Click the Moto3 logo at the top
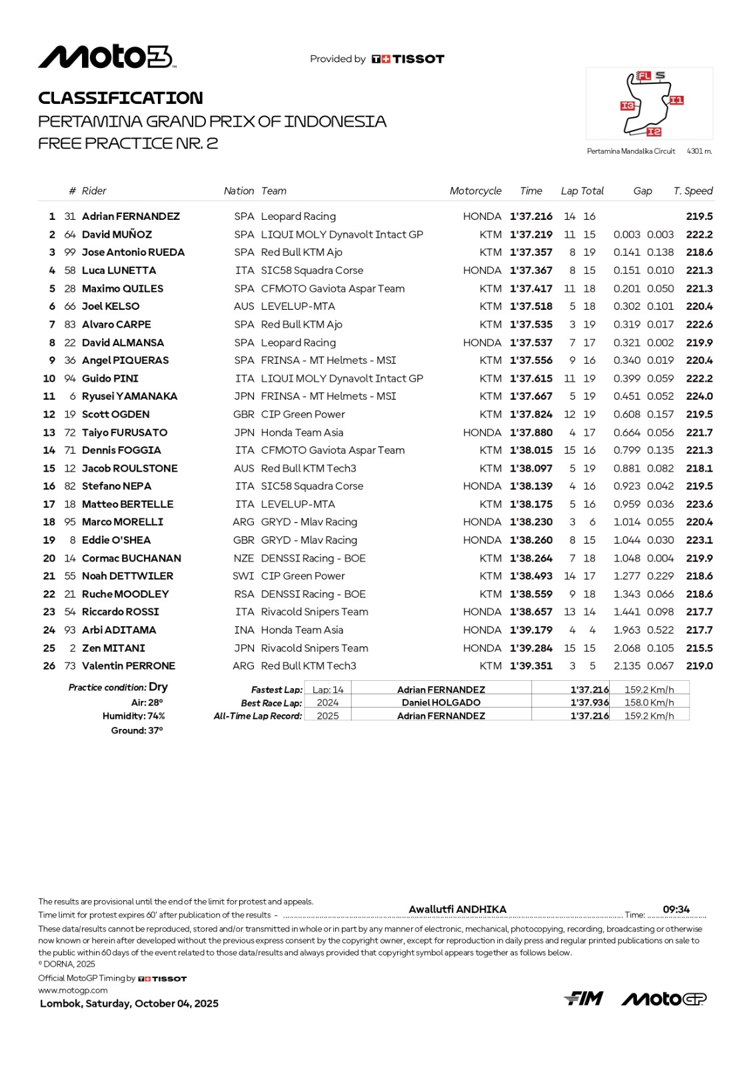[x=107, y=57]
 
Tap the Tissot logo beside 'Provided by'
[x=408, y=59]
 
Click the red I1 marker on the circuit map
[x=676, y=101]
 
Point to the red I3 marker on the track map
[x=627, y=106]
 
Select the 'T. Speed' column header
[x=693, y=191]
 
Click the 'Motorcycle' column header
[x=475, y=191]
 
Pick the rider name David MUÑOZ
[x=117, y=235]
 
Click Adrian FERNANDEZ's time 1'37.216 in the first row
[x=531, y=217]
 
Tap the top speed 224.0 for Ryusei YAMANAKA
[x=699, y=396]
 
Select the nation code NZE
[x=244, y=558]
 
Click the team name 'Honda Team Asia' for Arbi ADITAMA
[x=302, y=630]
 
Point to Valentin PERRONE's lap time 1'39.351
[x=531, y=666]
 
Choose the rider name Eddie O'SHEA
[x=116, y=540]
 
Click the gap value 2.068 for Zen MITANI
[x=626, y=648]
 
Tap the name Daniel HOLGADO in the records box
[x=441, y=703]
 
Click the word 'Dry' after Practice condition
[x=159, y=687]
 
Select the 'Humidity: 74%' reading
[x=133, y=716]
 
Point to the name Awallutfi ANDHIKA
[x=457, y=909]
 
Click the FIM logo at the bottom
[x=584, y=998]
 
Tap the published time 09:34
[x=676, y=909]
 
